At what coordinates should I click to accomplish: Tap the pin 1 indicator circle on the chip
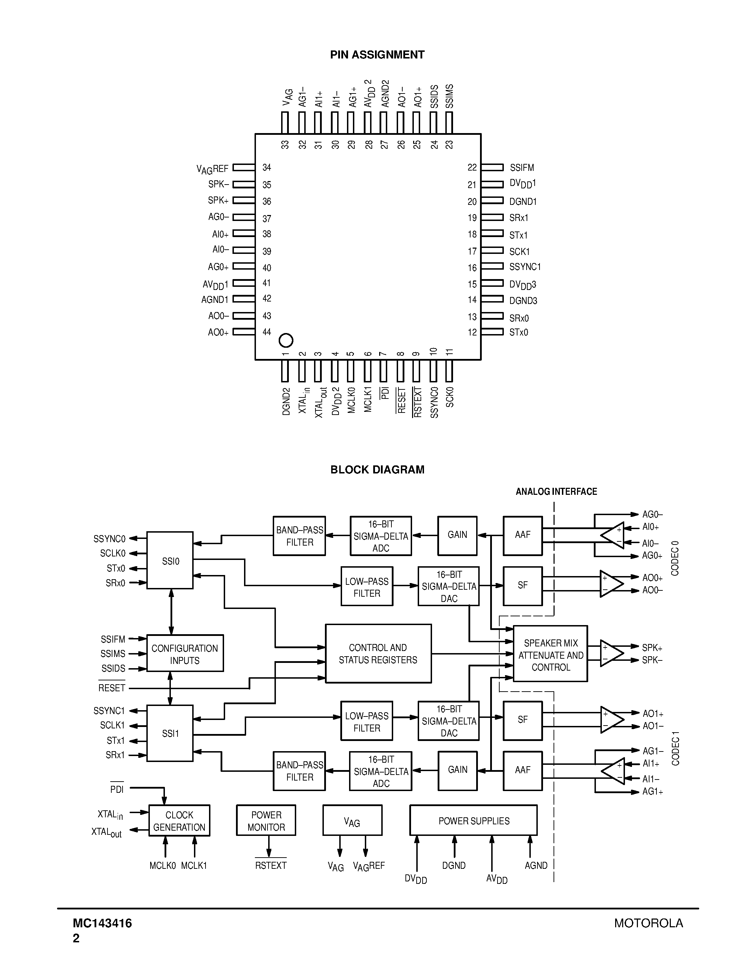286,340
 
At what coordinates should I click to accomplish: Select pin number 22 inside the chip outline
472,167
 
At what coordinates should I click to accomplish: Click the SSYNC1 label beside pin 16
525,267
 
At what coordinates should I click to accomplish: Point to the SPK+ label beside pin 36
218,201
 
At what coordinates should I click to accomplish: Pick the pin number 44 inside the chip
267,332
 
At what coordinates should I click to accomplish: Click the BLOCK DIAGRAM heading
377,470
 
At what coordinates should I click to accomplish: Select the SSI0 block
170,560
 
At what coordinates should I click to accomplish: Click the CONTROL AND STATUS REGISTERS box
378,653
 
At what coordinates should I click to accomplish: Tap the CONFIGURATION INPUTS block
185,653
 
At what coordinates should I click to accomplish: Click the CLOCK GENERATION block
179,820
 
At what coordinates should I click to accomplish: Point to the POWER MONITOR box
266,820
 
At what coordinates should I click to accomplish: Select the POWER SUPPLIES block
473,820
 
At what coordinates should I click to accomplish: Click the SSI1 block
170,734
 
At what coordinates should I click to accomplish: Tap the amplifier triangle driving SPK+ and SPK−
611,654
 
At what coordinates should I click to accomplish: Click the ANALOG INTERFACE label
556,492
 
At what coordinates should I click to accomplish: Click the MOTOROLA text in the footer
648,923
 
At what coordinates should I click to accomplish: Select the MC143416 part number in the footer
102,923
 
